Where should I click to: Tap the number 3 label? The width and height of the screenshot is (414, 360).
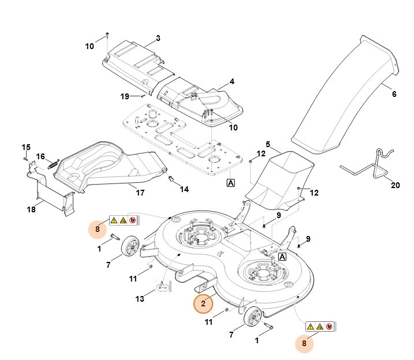pos(157,39)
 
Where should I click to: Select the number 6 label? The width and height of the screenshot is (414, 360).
pos(394,94)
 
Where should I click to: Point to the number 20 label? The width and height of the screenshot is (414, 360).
pos(395,185)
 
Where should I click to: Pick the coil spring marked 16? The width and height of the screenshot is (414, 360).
pos(52,162)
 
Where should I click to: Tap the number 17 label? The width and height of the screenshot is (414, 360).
pos(140,192)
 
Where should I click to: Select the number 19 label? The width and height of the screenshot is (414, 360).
pos(125,96)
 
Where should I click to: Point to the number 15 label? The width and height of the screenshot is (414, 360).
pos(26,147)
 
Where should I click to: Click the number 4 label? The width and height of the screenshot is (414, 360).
pos(232,82)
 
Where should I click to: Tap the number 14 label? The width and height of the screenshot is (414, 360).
pos(184,189)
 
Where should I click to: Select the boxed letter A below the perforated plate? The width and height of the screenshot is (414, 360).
pos(230,183)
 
